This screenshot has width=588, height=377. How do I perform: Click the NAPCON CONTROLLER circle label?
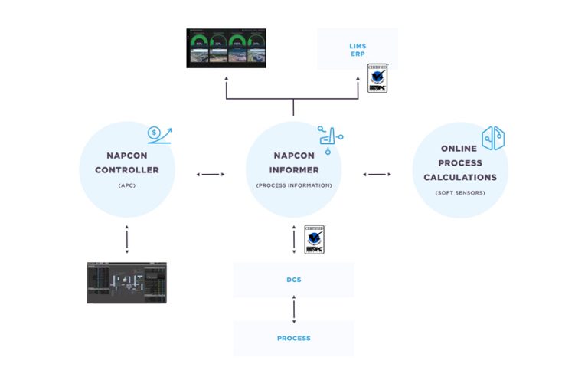[x=127, y=162]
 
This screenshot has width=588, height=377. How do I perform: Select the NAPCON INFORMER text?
[x=292, y=162]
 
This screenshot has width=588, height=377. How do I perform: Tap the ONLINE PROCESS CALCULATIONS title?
[x=458, y=162]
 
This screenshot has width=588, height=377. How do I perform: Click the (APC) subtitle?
[x=127, y=185]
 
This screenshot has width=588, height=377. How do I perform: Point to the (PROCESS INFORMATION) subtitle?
[x=292, y=185]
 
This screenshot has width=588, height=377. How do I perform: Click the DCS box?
[x=293, y=280]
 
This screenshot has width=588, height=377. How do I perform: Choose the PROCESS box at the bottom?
[x=293, y=338]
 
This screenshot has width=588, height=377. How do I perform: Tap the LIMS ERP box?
[x=358, y=50]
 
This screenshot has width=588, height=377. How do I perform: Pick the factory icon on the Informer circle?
[x=330, y=136]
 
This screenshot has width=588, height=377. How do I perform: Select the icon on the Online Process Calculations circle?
[x=493, y=139]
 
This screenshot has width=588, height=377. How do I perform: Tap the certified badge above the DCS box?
[x=314, y=239]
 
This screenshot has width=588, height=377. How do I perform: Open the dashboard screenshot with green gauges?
[x=226, y=48]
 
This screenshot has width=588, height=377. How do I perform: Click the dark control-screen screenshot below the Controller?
[x=126, y=282]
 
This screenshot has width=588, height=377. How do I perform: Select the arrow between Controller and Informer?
[x=211, y=175]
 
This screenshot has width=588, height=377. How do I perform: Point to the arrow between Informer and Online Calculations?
[x=376, y=175]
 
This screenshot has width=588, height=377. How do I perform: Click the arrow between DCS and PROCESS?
[x=293, y=309]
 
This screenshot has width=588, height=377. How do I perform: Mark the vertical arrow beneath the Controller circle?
[x=126, y=240]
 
